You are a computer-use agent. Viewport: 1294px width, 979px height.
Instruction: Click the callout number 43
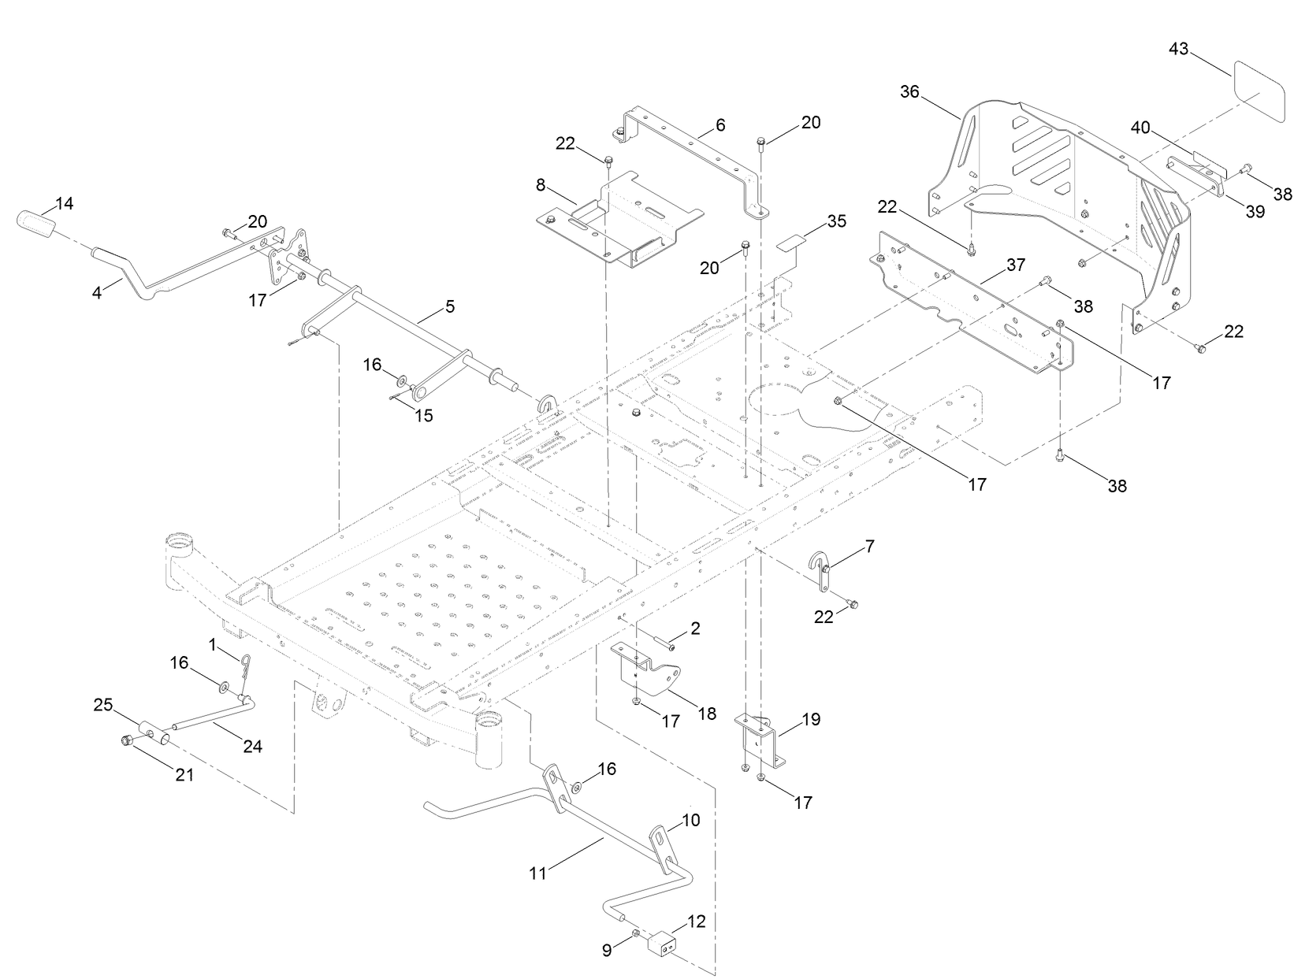1178,49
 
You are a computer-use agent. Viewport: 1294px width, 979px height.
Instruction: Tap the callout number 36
909,92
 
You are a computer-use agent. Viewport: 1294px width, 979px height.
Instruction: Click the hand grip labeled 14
35,222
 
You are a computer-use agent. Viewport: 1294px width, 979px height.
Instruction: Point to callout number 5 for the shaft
449,306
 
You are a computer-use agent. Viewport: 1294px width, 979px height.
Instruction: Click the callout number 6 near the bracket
720,124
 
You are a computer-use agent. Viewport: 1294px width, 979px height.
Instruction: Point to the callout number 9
607,951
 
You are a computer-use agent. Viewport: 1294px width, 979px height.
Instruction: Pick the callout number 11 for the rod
537,873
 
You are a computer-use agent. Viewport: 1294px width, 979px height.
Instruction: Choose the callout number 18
707,713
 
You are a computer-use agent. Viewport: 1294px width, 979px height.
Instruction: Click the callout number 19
811,719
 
